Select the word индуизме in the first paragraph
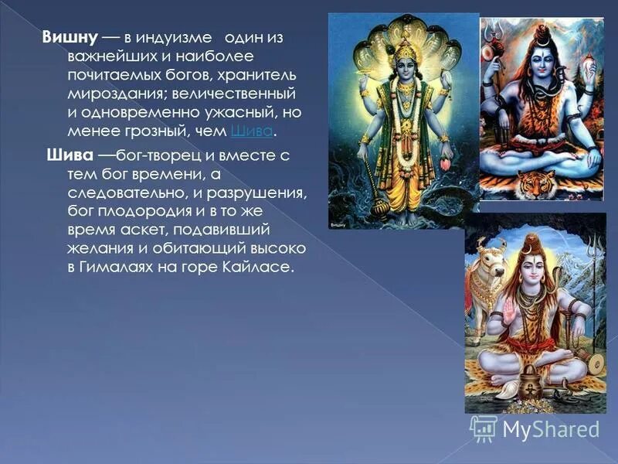point(173,39)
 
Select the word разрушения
point(258,193)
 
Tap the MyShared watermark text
point(550,429)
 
